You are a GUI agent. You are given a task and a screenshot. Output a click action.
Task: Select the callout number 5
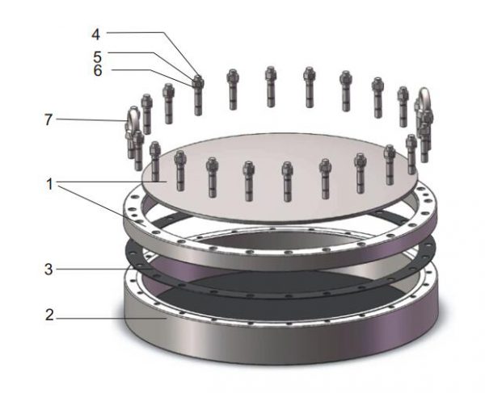point(96,56)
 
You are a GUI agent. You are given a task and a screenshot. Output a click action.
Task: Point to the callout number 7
point(49,120)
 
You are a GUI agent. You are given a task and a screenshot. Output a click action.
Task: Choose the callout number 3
point(49,269)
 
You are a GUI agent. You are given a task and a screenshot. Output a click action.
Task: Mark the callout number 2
point(49,317)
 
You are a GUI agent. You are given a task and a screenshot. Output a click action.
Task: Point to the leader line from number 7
point(89,120)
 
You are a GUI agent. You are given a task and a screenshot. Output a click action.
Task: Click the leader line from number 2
point(105,317)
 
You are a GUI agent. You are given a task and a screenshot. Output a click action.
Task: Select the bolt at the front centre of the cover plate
point(287,181)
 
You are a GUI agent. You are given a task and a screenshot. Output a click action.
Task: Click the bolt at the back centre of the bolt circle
point(270,85)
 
